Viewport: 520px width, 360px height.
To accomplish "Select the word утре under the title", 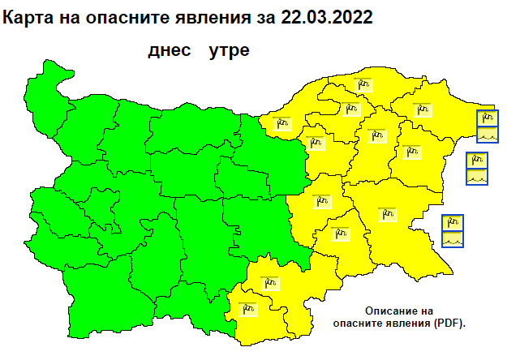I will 229,50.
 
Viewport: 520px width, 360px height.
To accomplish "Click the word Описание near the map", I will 393,311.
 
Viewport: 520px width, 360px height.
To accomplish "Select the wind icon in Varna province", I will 410,150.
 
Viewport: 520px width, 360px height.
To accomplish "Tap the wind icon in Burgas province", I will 388,214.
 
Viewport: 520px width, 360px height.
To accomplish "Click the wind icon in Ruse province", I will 284,122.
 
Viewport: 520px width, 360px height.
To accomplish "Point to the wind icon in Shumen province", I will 375,134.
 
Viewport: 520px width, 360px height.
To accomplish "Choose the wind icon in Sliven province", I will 322,199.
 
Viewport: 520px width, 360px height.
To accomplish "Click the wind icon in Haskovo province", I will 269,282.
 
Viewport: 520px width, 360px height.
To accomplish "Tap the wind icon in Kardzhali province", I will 247,307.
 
